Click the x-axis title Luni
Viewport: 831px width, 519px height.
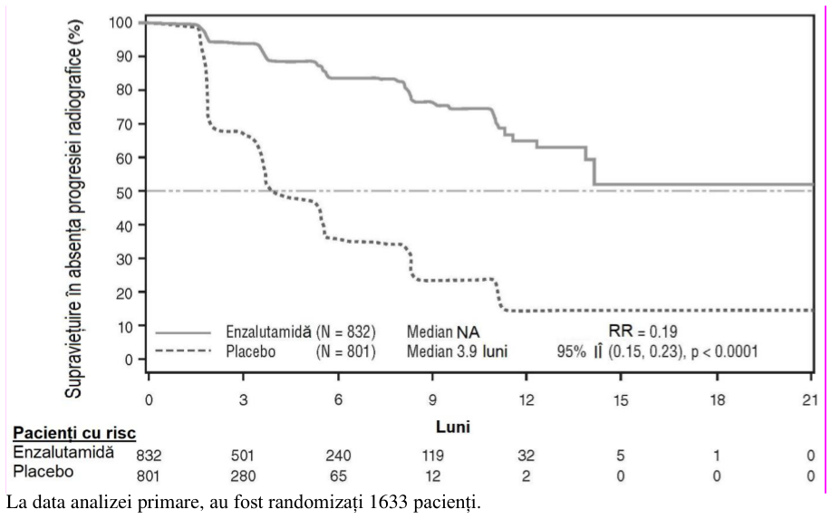(x=453, y=427)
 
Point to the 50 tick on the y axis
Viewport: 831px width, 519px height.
(x=142, y=191)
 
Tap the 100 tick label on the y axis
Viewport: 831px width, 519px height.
(x=121, y=23)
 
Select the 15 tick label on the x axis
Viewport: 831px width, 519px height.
(x=621, y=399)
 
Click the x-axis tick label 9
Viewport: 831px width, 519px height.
(x=432, y=399)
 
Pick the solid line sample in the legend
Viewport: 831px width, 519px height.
(x=183, y=333)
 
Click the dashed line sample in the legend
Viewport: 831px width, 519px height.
(x=183, y=351)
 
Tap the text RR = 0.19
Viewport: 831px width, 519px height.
(x=643, y=332)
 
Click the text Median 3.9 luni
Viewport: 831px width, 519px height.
(x=457, y=351)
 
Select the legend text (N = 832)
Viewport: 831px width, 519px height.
(x=345, y=332)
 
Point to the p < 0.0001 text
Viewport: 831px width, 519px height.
(x=724, y=351)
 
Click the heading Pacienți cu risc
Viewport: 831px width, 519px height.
(x=74, y=433)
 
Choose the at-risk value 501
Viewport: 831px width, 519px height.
(x=243, y=455)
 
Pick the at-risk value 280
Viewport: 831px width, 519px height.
(x=243, y=476)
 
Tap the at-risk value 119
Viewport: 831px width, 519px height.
(x=432, y=455)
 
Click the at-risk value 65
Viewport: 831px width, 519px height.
(x=338, y=476)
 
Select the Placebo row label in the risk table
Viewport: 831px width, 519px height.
(x=43, y=471)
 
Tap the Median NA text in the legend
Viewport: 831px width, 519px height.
(x=443, y=332)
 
